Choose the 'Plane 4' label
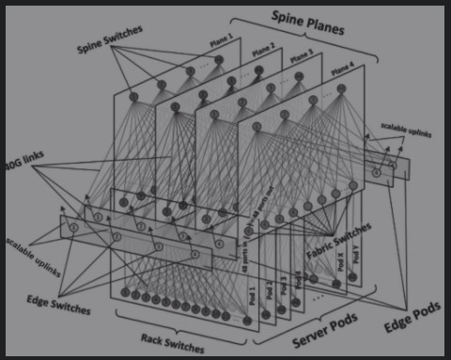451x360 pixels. tap(345, 67)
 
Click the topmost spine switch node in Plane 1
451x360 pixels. tap(219, 60)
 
